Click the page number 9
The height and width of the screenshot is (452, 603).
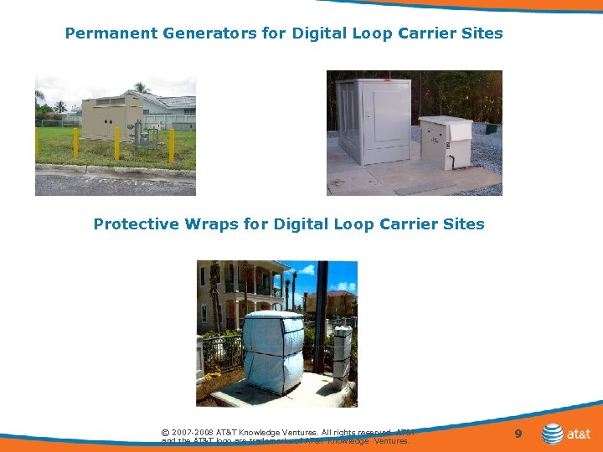tap(518, 434)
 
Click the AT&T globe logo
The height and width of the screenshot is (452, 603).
tap(552, 434)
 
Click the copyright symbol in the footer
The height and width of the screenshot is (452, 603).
tap(165, 433)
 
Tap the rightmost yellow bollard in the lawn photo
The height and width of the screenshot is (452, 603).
tap(171, 144)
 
